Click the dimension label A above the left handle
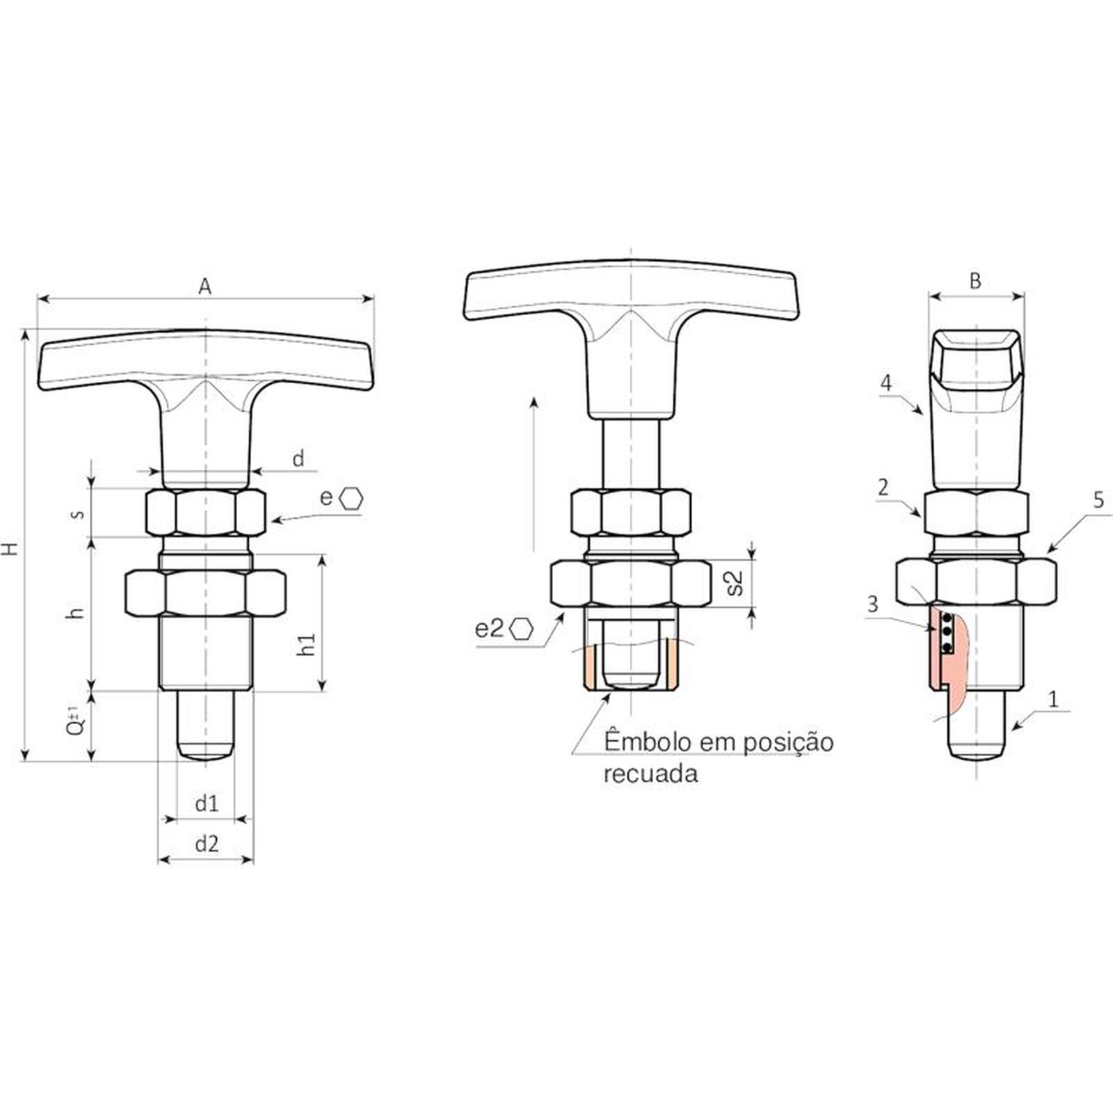coord(205,286)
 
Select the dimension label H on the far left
coord(10,547)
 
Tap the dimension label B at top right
coord(975,280)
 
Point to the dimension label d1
coord(207,803)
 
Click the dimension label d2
coord(207,844)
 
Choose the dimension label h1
coord(306,643)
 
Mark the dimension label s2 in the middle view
coord(735,583)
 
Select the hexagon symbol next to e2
coord(520,629)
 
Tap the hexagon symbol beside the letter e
coord(352,498)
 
